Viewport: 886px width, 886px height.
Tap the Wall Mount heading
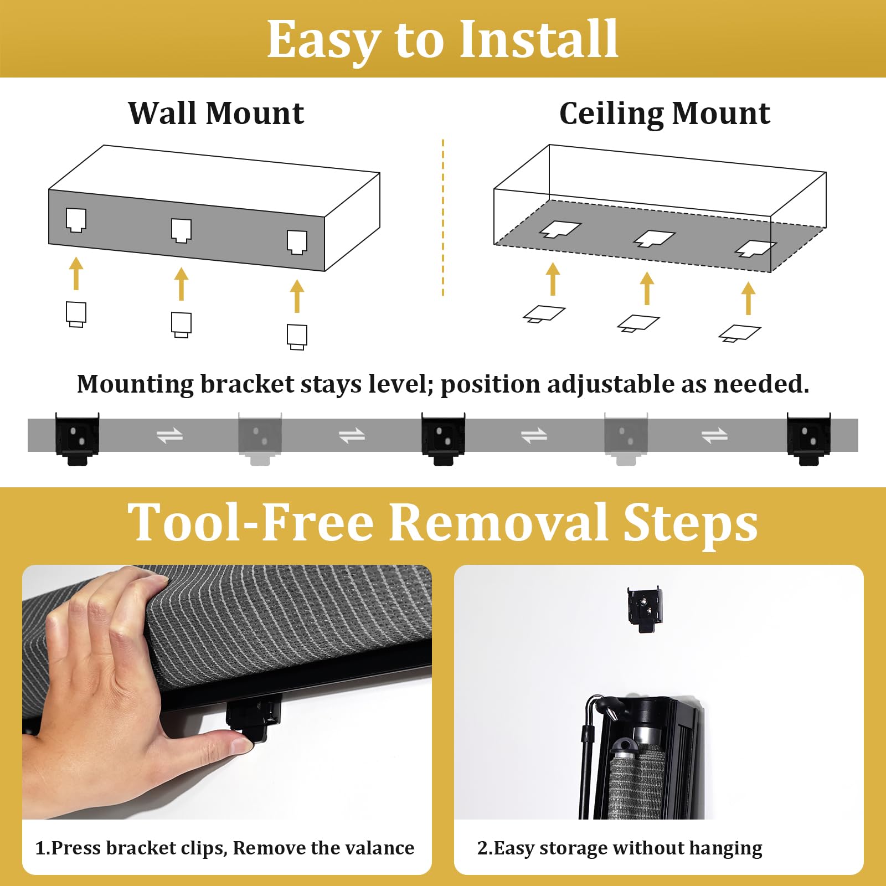[x=216, y=114]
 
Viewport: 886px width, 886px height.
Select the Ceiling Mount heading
[x=664, y=114]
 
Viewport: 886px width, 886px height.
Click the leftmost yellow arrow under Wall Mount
[x=76, y=273]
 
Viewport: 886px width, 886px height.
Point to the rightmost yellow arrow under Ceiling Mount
[x=749, y=298]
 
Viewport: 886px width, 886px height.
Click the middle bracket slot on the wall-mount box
[x=181, y=230]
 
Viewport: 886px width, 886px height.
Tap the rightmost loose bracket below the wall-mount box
[x=297, y=337]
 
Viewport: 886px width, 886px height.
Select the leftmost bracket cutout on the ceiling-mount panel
[x=560, y=229]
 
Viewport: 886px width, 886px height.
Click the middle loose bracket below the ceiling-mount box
[x=638, y=323]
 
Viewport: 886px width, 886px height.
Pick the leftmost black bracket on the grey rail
[x=78, y=439]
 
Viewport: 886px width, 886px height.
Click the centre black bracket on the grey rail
[x=443, y=439]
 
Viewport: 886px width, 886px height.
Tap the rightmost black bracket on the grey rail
[x=808, y=439]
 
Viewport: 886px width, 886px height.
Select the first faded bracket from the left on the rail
[x=260, y=439]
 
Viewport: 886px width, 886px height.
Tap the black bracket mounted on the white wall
[x=645, y=609]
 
